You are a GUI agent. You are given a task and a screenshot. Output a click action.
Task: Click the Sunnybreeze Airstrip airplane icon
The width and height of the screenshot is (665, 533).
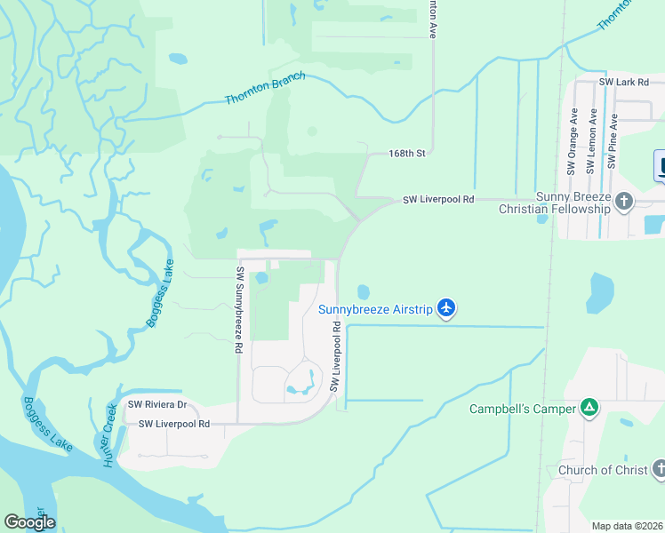(x=446, y=308)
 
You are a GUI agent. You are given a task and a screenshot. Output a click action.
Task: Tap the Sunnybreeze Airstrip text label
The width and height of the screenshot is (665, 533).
(x=375, y=309)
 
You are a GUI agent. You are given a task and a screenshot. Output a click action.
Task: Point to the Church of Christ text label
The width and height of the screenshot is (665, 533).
(x=602, y=470)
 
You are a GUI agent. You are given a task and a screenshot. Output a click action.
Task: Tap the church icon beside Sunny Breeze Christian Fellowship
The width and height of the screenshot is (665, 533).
(x=623, y=201)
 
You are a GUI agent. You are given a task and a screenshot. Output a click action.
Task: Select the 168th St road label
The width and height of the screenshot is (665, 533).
(x=407, y=154)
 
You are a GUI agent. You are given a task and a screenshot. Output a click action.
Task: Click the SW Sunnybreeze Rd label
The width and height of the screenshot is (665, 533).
(x=239, y=310)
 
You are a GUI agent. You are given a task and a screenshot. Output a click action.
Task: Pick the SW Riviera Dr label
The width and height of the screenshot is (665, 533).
(x=156, y=404)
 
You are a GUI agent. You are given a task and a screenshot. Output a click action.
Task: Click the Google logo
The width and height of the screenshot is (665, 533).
(x=29, y=522)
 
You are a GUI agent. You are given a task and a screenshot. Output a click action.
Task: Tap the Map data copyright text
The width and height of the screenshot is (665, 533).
(x=628, y=526)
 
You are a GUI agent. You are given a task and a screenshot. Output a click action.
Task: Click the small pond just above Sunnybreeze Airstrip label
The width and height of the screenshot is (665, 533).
(x=363, y=291)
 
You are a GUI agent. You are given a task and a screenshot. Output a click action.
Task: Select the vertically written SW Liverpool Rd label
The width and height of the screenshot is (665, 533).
(x=336, y=357)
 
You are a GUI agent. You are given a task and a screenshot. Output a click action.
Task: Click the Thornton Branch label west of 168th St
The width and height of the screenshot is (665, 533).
(x=265, y=88)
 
